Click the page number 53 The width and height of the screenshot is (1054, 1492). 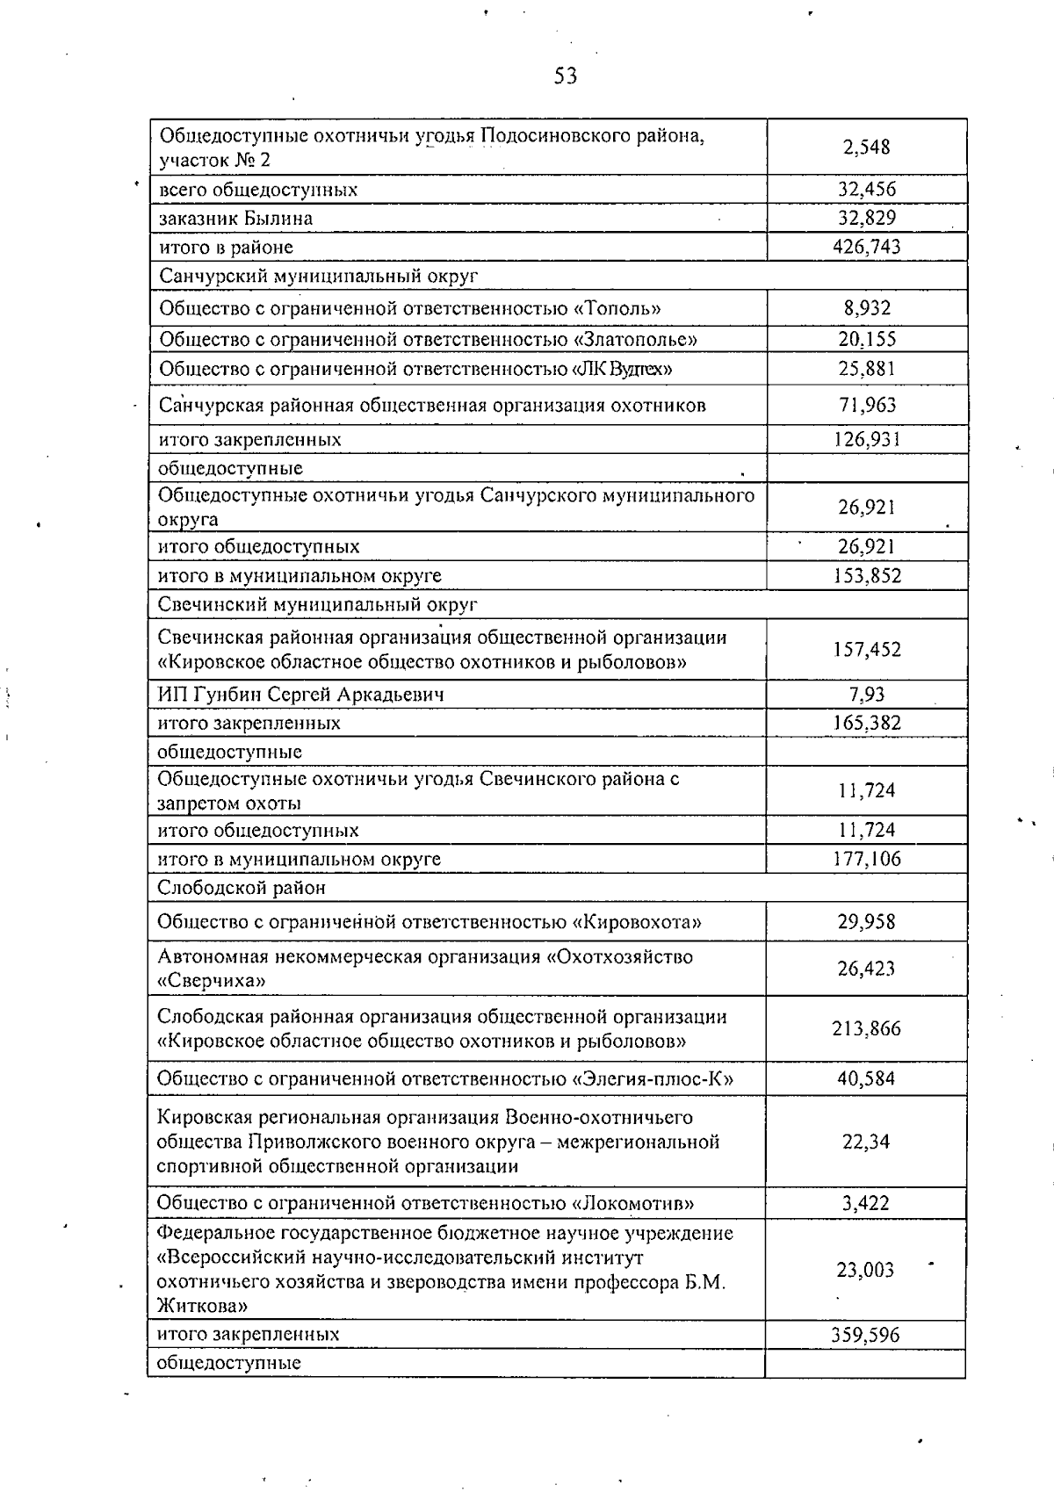(566, 76)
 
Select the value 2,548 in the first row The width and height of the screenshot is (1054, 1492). (866, 147)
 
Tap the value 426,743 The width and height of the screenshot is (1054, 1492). (866, 247)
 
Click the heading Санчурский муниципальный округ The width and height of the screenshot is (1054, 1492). (318, 276)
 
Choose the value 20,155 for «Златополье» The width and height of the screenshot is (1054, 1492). (866, 339)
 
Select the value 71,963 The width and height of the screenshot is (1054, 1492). (866, 405)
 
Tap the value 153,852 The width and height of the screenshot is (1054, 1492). (866, 576)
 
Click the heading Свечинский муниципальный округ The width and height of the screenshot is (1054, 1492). (318, 604)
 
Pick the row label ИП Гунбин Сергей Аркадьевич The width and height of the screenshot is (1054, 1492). (300, 695)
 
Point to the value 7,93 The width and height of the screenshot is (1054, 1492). (866, 695)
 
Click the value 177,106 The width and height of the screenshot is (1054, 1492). (866, 859)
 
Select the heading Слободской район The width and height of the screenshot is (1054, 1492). (242, 888)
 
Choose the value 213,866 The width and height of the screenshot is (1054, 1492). (866, 1028)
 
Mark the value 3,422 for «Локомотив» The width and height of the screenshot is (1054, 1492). (866, 1203)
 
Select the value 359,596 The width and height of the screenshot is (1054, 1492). (866, 1335)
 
